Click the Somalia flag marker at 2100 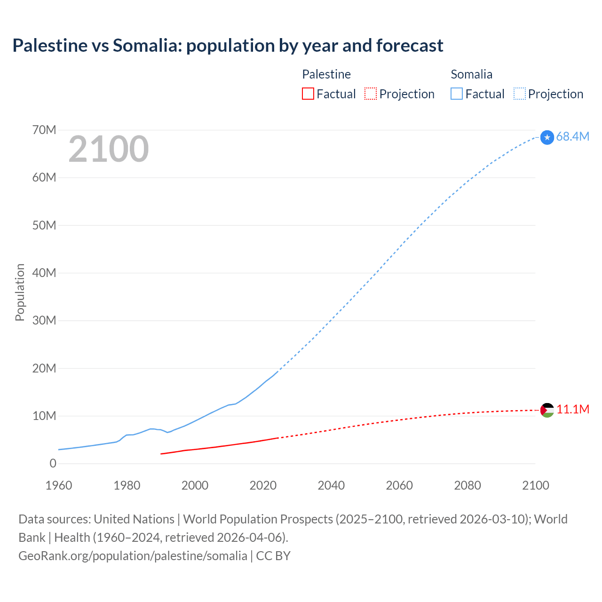click(x=547, y=137)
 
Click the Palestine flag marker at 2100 click(x=547, y=410)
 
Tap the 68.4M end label click(x=572, y=137)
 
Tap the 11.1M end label click(x=573, y=410)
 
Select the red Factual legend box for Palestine click(x=308, y=94)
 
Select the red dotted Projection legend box click(x=371, y=94)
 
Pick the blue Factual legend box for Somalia click(x=457, y=94)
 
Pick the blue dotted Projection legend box click(x=519, y=94)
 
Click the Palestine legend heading click(x=326, y=74)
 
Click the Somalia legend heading click(x=471, y=74)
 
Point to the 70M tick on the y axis click(x=44, y=130)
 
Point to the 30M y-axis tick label click(x=44, y=321)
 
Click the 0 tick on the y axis click(x=53, y=464)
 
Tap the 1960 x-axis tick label click(x=59, y=485)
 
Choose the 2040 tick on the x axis click(x=331, y=485)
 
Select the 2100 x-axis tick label click(x=535, y=485)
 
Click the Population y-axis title click(x=20, y=293)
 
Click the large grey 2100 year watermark click(x=109, y=149)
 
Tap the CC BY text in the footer click(x=273, y=556)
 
